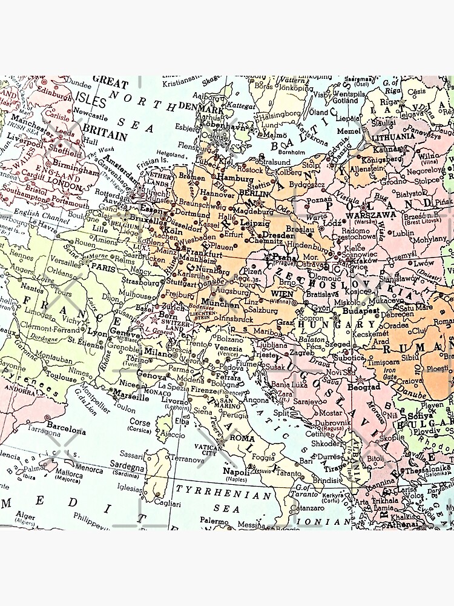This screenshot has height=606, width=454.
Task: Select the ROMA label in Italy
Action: (x=242, y=438)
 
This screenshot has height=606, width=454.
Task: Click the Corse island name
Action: (x=140, y=422)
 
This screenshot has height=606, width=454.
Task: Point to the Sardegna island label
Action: (x=127, y=468)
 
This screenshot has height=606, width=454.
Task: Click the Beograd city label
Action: (x=363, y=387)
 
